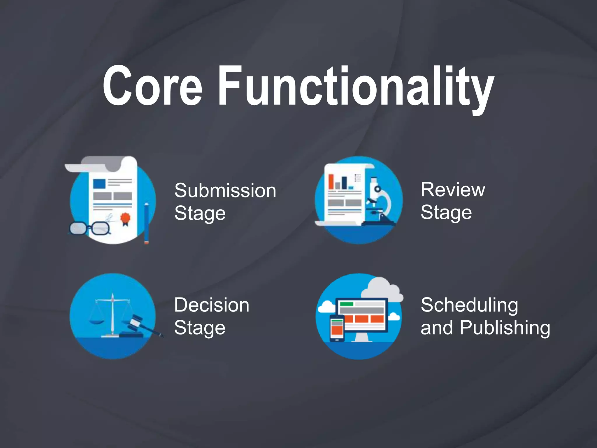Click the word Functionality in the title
click(x=356, y=87)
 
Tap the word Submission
click(x=225, y=191)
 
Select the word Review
click(x=453, y=190)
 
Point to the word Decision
click(x=212, y=305)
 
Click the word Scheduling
click(x=469, y=306)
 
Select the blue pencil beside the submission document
click(x=146, y=223)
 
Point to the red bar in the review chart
click(x=331, y=182)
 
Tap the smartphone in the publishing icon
click(x=337, y=328)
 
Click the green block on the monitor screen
click(x=347, y=304)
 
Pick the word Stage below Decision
click(x=200, y=328)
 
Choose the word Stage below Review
click(x=446, y=213)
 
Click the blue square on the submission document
click(x=99, y=184)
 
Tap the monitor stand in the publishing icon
click(x=361, y=337)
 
